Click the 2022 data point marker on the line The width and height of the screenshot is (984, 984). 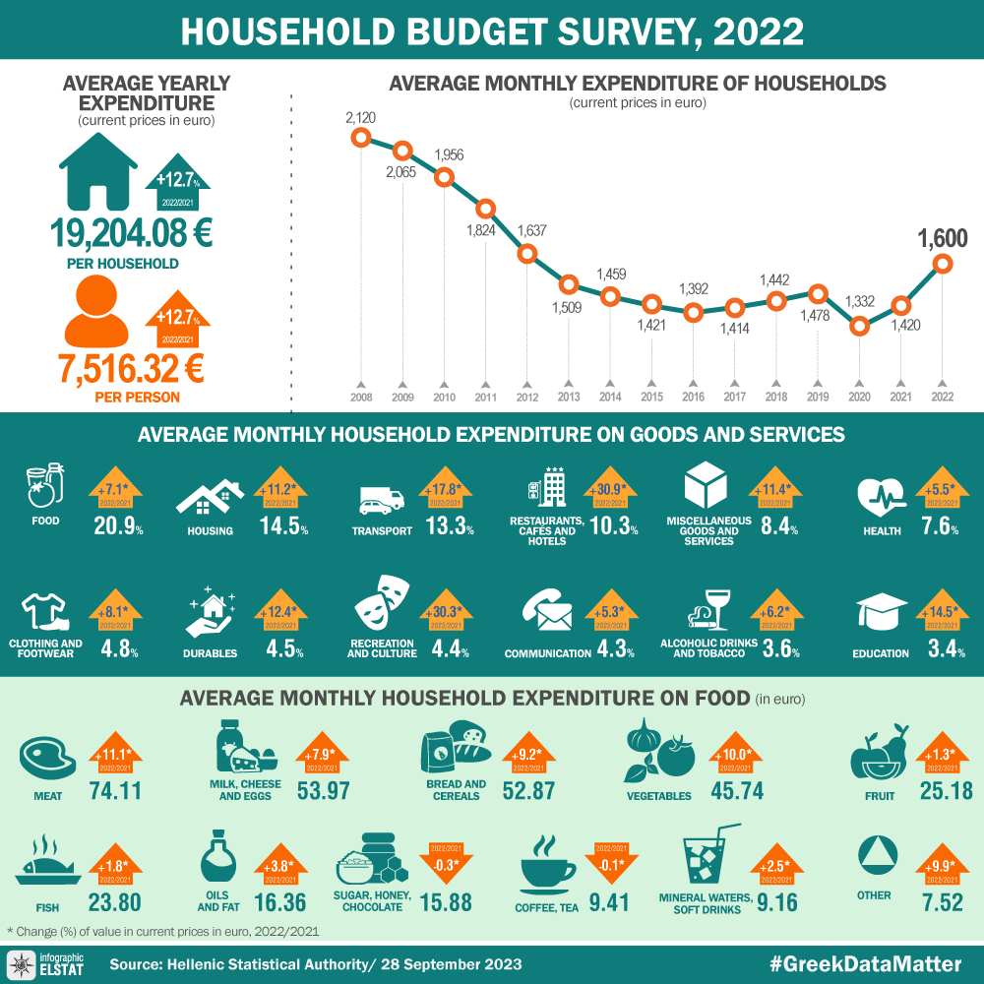(x=944, y=263)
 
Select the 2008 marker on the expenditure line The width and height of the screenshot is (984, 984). (x=361, y=138)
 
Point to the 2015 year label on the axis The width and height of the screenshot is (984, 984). (x=651, y=398)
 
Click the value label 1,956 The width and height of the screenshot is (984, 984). (x=449, y=155)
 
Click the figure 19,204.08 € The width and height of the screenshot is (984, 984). (x=132, y=234)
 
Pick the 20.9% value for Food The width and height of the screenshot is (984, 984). (x=118, y=526)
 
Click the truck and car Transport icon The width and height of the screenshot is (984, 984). (x=382, y=500)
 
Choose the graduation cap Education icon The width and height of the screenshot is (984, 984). (x=881, y=611)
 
